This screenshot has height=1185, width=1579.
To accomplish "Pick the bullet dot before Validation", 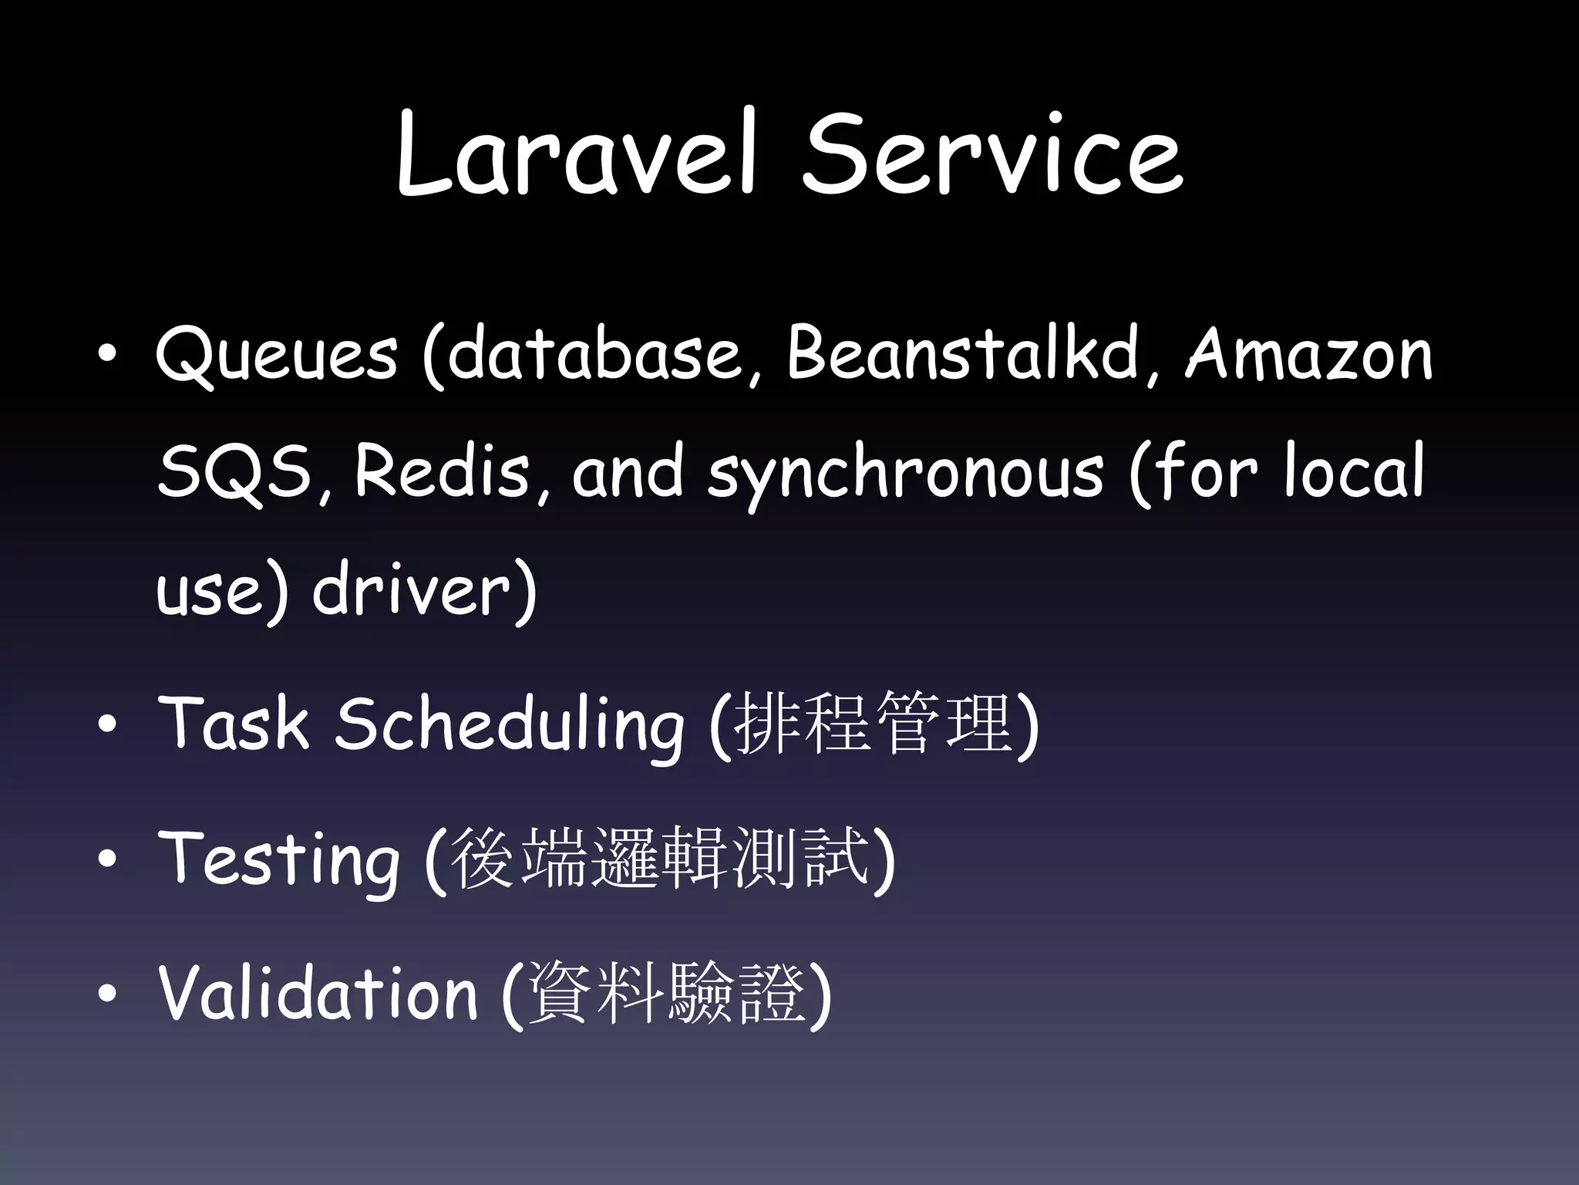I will (x=107, y=994).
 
